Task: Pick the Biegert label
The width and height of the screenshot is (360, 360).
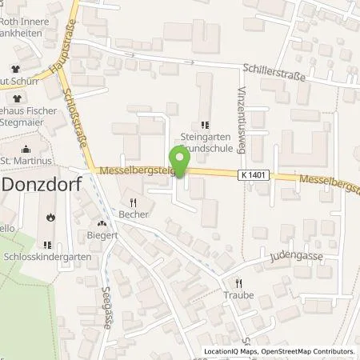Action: (102, 236)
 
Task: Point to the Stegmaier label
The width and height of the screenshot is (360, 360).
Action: (30, 124)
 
